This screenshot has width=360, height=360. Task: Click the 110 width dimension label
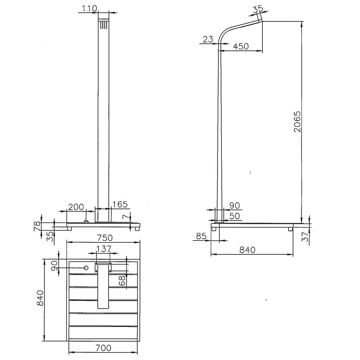tap(90, 9)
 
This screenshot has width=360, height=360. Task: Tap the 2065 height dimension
tap(297, 121)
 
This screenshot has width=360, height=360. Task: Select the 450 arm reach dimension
tap(241, 46)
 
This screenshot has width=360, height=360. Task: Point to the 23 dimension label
tap(208, 40)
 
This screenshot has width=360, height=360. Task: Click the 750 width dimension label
tap(104, 238)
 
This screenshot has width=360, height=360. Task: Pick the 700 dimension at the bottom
tap(103, 348)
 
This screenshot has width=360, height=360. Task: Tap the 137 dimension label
tap(104, 249)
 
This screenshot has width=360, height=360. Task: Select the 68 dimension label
tap(123, 280)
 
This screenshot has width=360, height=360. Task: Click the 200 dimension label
tap(76, 207)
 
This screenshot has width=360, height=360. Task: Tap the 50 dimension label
tap(235, 216)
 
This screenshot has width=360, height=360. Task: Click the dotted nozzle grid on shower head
tap(104, 25)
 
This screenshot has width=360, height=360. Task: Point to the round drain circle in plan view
tap(86, 268)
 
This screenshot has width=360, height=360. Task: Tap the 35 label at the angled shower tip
tap(258, 9)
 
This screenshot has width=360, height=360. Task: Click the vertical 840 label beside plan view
tap(40, 298)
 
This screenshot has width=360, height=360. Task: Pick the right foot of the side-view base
tap(291, 229)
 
